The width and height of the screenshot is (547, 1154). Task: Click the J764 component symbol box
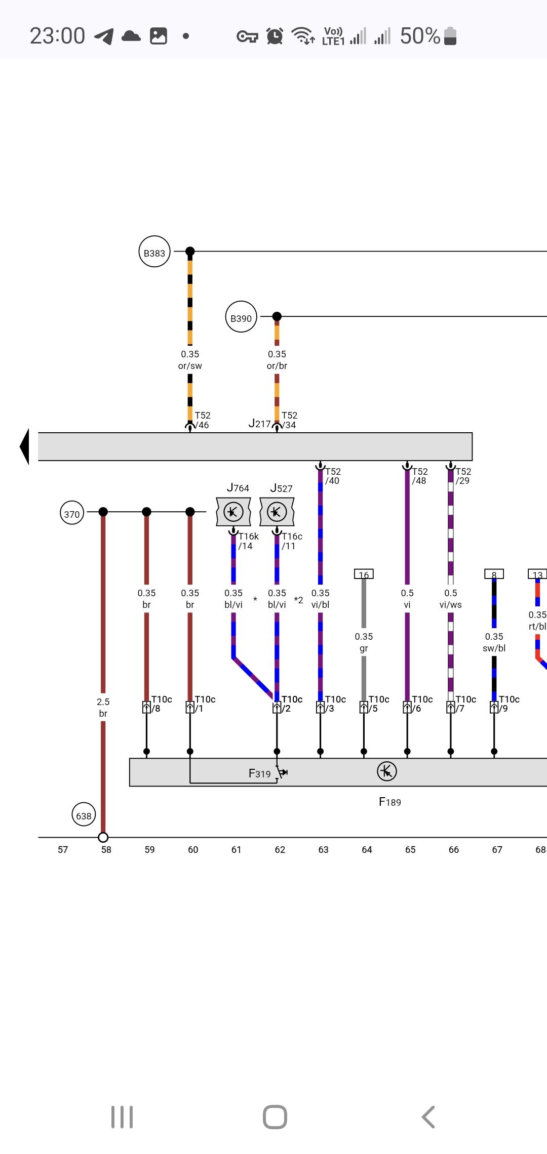(x=233, y=512)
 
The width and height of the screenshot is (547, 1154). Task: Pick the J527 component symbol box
(x=277, y=512)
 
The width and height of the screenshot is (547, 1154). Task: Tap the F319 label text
(x=259, y=773)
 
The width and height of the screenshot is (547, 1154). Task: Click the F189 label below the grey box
(x=390, y=802)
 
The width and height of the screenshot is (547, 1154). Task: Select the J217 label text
(x=259, y=424)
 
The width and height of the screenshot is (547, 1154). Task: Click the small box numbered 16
(x=364, y=574)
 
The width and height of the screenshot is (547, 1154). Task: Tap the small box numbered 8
(x=494, y=574)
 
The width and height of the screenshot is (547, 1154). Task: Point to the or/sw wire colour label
(x=190, y=366)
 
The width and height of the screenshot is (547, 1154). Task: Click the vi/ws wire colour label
(x=451, y=605)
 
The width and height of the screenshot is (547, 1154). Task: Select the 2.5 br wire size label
(x=103, y=708)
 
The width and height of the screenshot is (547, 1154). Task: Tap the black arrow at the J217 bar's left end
(x=24, y=446)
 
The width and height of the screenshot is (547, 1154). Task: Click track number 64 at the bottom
(x=367, y=850)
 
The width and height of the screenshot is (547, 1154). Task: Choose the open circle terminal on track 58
(x=103, y=837)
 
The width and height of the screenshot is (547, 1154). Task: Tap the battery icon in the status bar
(x=450, y=36)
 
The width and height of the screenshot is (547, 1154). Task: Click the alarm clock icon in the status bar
(x=275, y=36)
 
